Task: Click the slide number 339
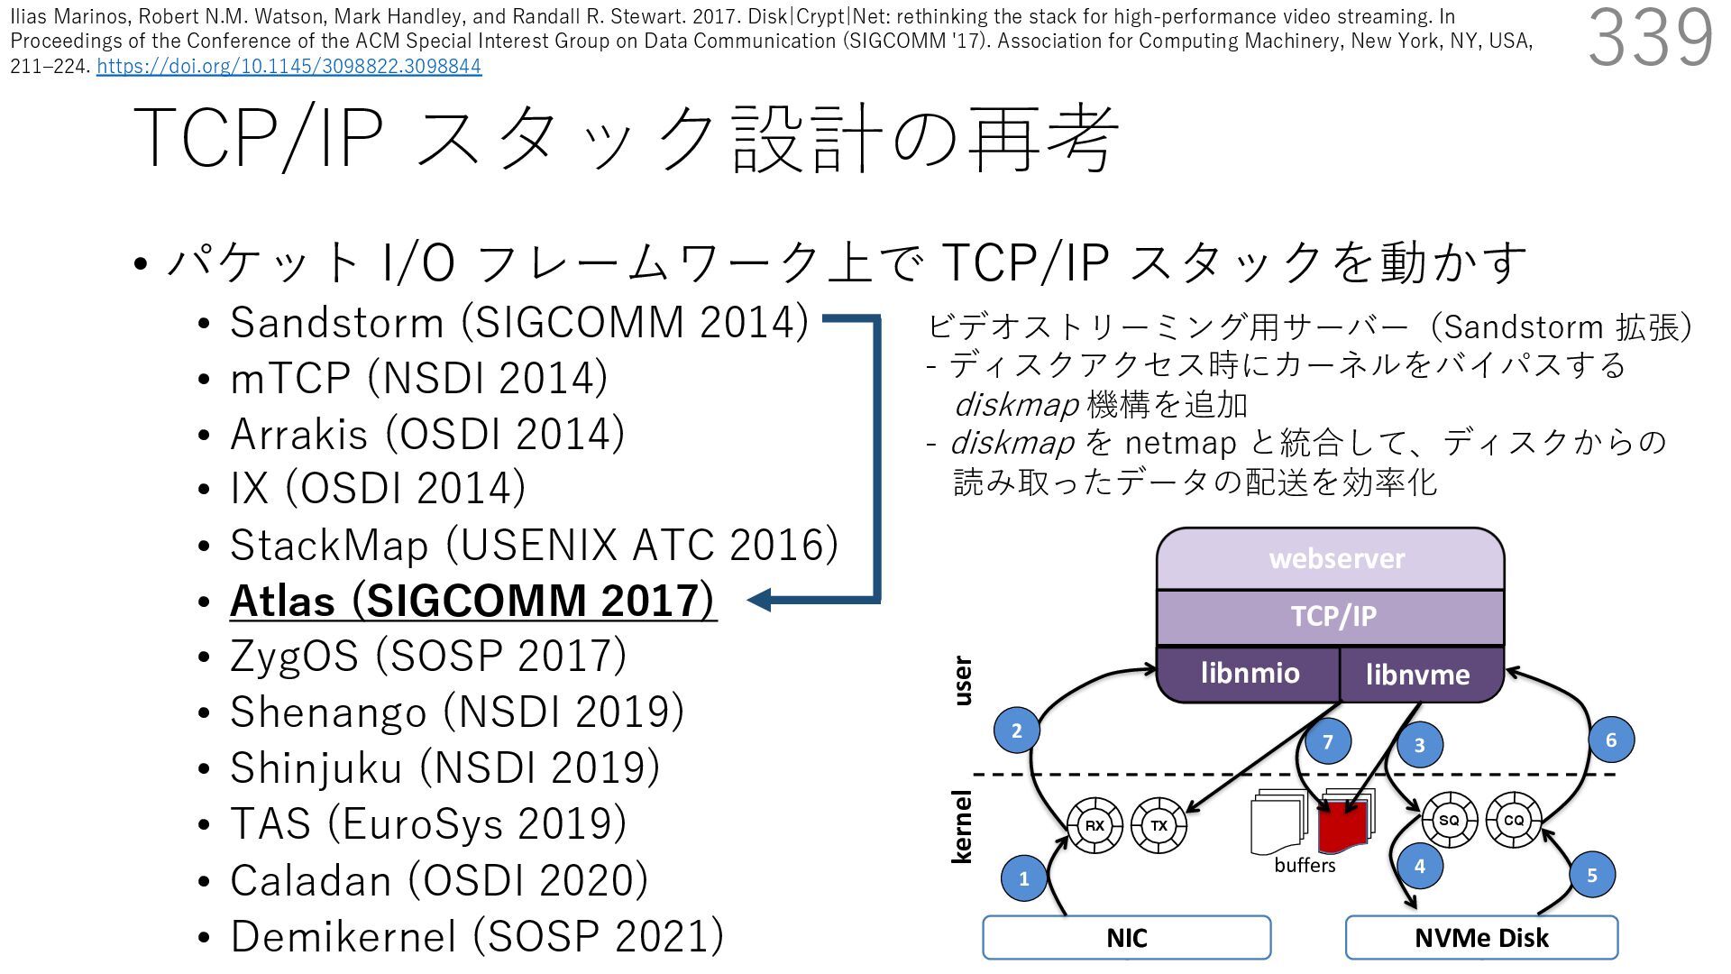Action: tap(1650, 38)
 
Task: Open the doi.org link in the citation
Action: tap(288, 66)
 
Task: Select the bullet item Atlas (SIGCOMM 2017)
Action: tap(472, 601)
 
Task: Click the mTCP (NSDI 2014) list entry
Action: tap(418, 378)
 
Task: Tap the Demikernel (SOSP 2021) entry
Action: tap(476, 936)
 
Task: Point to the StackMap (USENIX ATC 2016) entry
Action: tap(534, 545)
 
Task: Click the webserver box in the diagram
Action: tap(1335, 559)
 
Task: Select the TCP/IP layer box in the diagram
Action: tap(1333, 617)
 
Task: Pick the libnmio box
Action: tap(1250, 674)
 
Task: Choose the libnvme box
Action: tap(1417, 675)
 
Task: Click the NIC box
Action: tap(1126, 938)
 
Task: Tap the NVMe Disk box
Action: tap(1480, 938)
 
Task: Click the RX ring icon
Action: tap(1094, 825)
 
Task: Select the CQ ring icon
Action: tap(1513, 821)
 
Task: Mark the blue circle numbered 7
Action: tap(1327, 742)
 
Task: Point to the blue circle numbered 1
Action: tap(1023, 878)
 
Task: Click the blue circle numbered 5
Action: tap(1591, 875)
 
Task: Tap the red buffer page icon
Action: tap(1343, 826)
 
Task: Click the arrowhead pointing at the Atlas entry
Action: tap(759, 600)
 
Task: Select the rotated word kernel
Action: tap(962, 826)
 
